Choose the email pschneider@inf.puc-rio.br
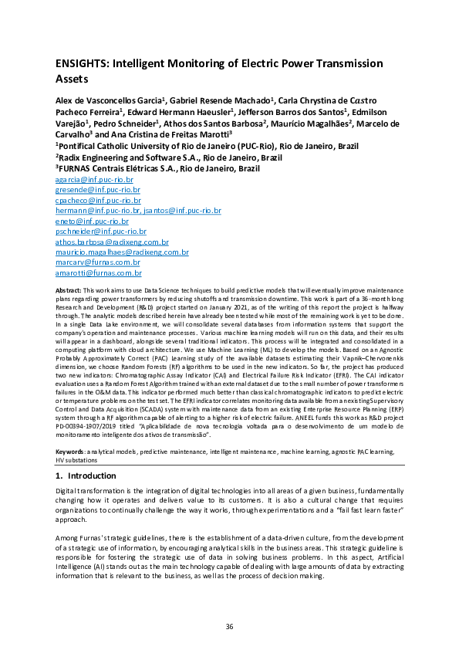100,231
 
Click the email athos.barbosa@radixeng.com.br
111,242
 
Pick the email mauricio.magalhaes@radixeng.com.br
122,252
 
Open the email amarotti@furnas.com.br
98,273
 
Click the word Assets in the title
72,79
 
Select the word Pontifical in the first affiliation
76,145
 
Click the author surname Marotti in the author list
201,134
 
